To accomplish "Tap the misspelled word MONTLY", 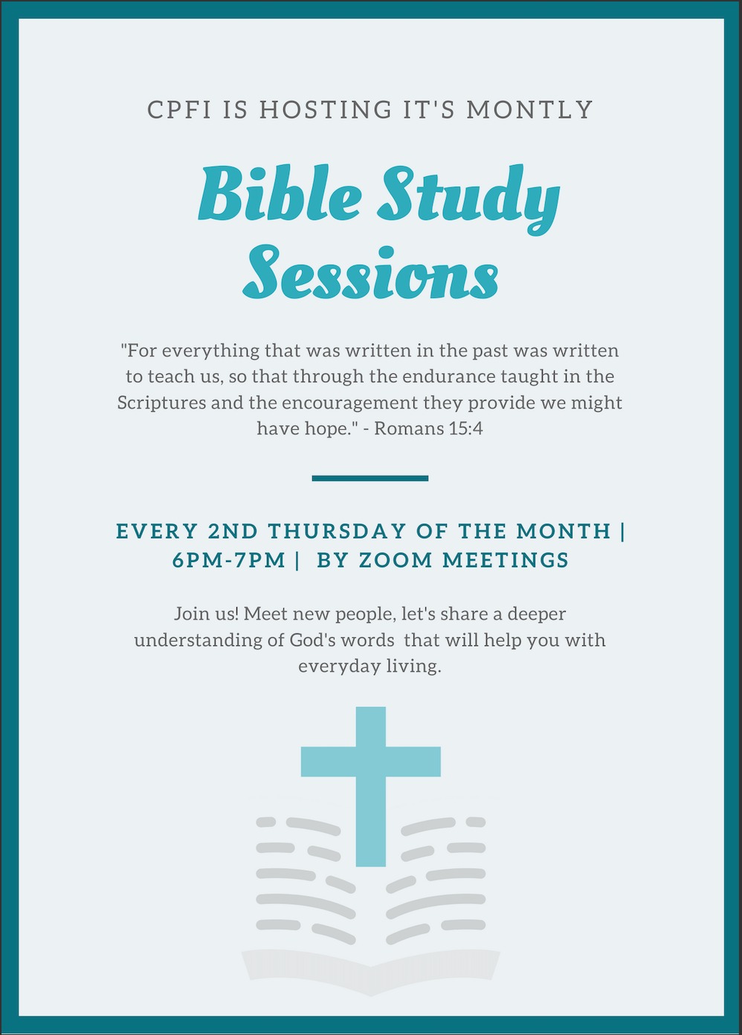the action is tap(529, 110).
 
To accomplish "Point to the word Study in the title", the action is tap(468, 199).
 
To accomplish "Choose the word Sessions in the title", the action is tap(370, 272).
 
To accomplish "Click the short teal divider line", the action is tap(370, 478).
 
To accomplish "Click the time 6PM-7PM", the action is tap(229, 561).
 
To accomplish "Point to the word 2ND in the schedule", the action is tap(233, 531).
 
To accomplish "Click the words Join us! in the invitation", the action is tap(207, 614).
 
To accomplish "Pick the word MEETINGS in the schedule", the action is tap(506, 561).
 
